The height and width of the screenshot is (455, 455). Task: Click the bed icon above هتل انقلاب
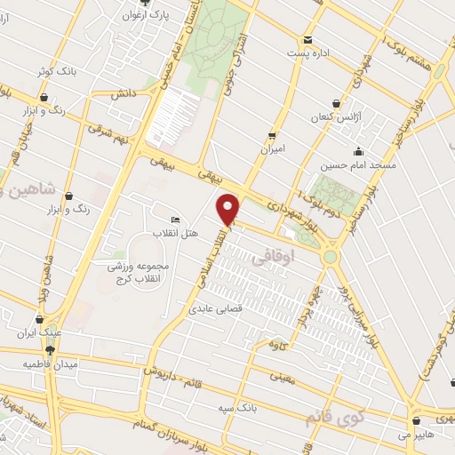pos(174,220)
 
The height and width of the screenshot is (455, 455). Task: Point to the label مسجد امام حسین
pos(358,165)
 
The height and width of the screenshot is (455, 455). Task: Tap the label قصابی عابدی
pos(211,311)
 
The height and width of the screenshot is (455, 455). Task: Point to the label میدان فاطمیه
pos(52,364)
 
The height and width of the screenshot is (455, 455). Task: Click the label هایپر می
pos(416,435)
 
